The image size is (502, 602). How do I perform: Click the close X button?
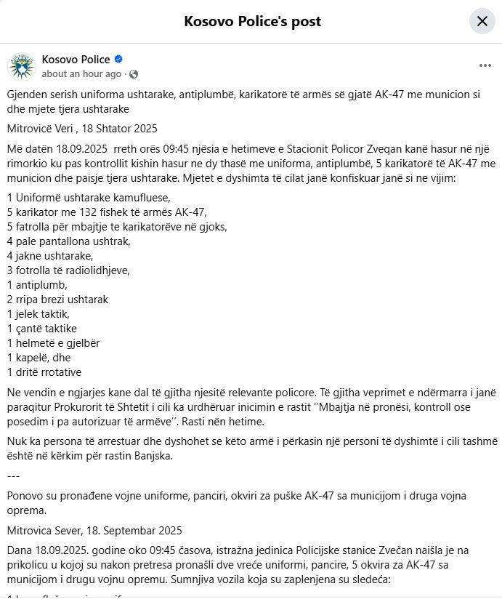[x=482, y=21]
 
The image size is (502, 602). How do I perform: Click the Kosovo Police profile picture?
[x=22, y=66]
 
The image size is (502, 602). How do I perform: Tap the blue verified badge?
[x=118, y=60]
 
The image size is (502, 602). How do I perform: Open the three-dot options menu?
[x=485, y=65]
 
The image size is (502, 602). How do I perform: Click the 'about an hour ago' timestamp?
[x=81, y=74]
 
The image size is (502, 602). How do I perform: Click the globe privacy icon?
[x=134, y=74]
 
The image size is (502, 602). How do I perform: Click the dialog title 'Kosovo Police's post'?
[x=252, y=21]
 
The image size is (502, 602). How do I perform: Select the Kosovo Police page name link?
[x=76, y=60]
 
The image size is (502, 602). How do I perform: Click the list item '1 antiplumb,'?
[x=37, y=285]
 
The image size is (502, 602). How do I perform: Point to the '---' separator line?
[x=13, y=475]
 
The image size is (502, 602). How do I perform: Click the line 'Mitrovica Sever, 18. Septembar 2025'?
[x=94, y=530]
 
